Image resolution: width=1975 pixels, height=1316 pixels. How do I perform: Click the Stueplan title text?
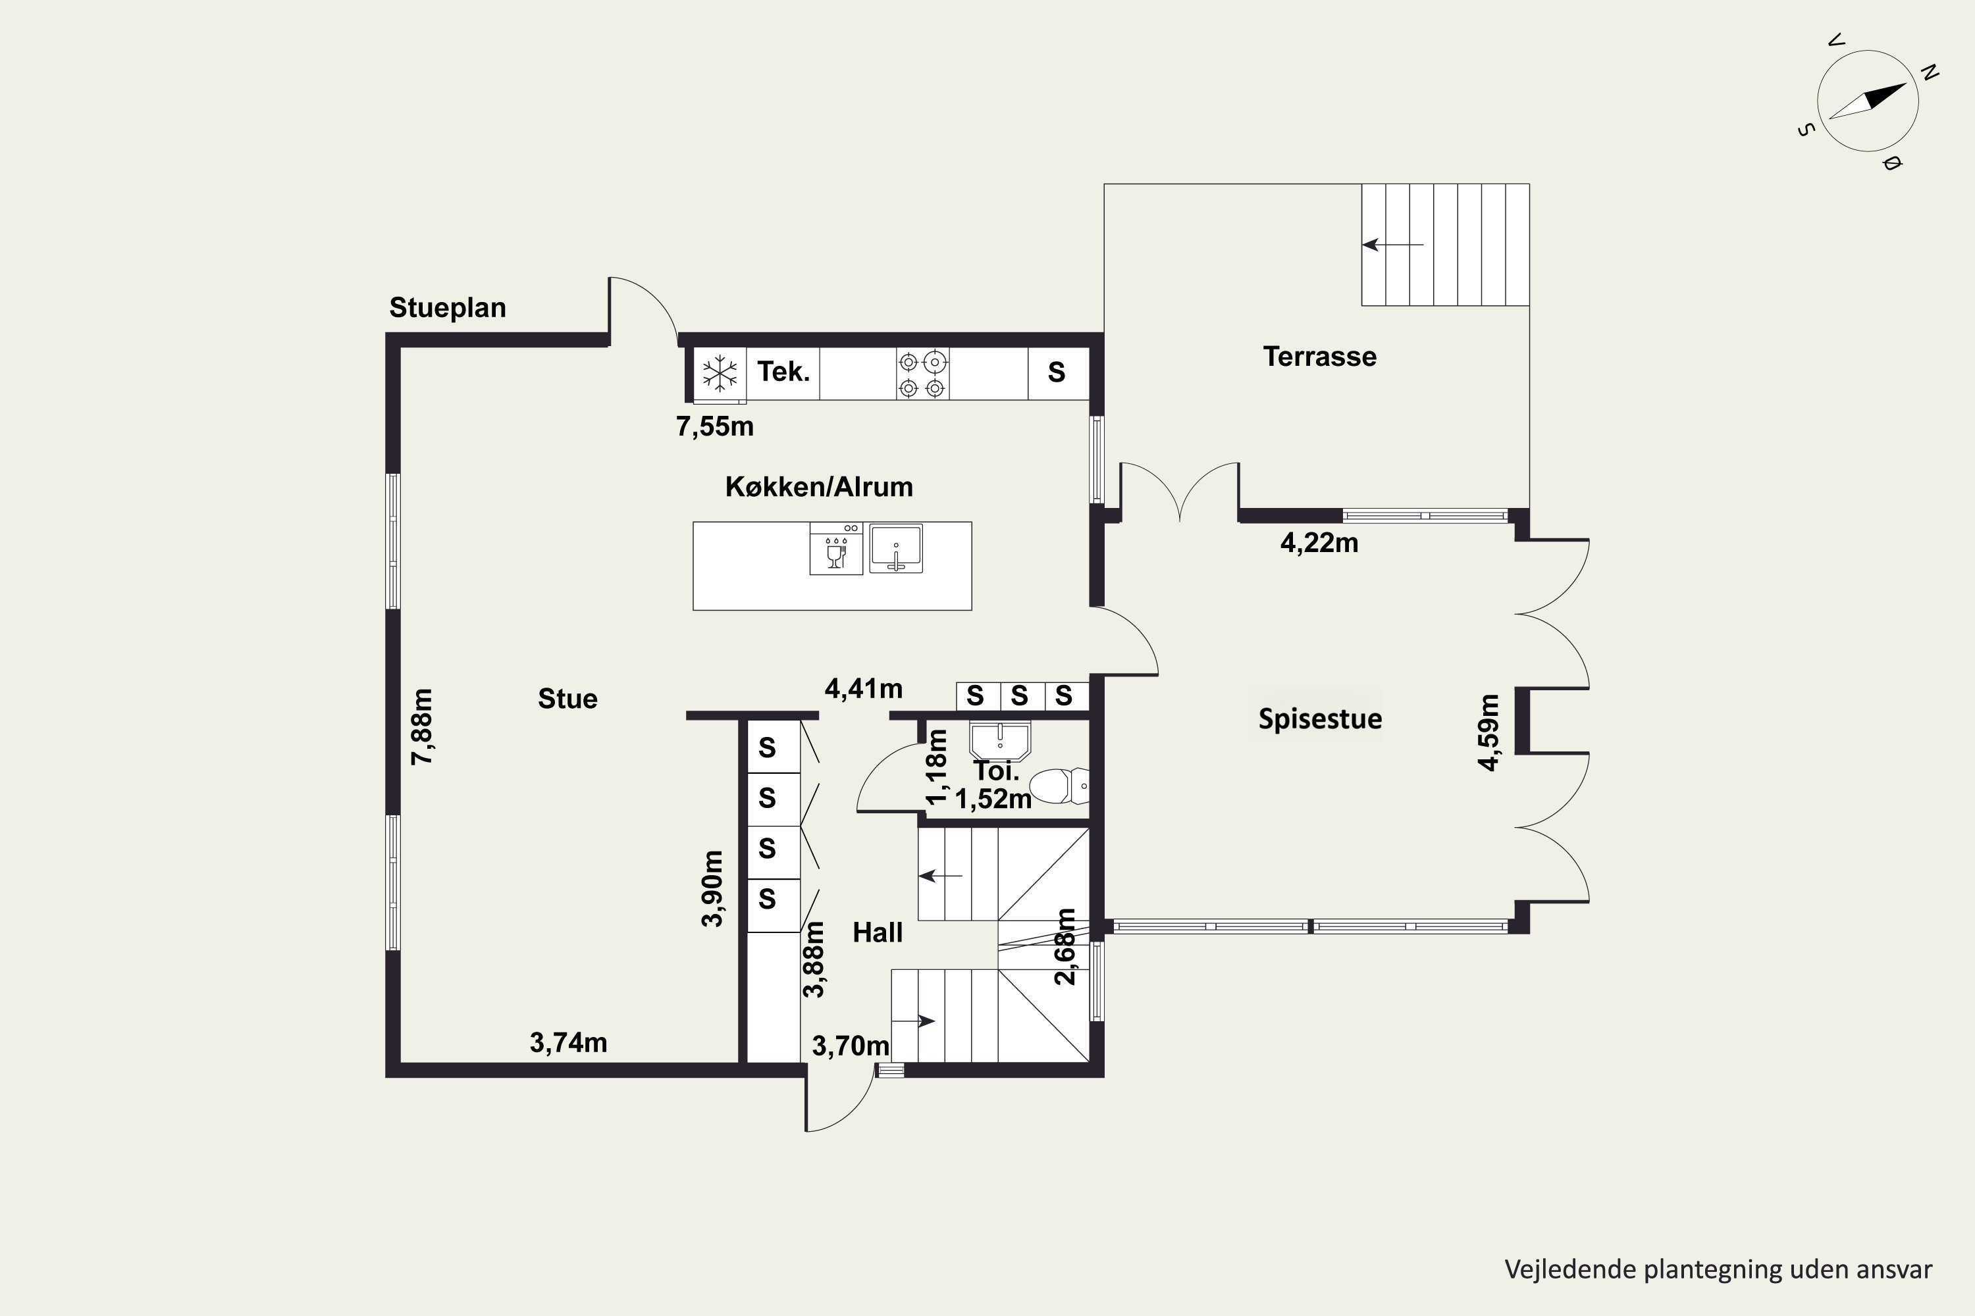pyautogui.click(x=448, y=308)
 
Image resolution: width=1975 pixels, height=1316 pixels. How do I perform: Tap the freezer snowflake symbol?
pyautogui.click(x=720, y=372)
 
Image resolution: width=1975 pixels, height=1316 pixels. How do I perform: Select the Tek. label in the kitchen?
pyautogui.click(x=783, y=371)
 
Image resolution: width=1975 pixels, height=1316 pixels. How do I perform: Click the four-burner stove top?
pyautogui.click(x=923, y=374)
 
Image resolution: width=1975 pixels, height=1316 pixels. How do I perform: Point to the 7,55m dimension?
pyautogui.click(x=714, y=426)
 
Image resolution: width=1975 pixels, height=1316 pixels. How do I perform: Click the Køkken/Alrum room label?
pyautogui.click(x=819, y=487)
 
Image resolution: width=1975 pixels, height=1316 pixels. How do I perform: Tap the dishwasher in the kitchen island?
pyautogui.click(x=836, y=548)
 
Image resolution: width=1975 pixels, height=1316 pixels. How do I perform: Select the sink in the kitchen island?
pyautogui.click(x=896, y=549)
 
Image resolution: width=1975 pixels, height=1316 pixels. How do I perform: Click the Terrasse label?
pyautogui.click(x=1320, y=357)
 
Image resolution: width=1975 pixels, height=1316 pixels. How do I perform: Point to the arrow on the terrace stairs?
pyautogui.click(x=1393, y=245)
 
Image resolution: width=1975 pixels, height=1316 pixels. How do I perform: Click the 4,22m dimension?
pyautogui.click(x=1319, y=543)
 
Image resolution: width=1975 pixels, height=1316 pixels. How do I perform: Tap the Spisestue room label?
pyautogui.click(x=1320, y=719)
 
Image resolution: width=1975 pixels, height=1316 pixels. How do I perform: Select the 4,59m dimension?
pyautogui.click(x=1488, y=732)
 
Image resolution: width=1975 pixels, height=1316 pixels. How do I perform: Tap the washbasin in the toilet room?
pyautogui.click(x=999, y=741)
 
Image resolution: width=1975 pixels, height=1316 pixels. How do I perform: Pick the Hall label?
pyautogui.click(x=878, y=932)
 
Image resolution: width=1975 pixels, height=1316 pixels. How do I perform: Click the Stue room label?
pyautogui.click(x=567, y=699)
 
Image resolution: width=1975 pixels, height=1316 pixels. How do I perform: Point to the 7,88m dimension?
pyautogui.click(x=421, y=727)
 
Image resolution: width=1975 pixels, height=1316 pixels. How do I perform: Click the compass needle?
pyautogui.click(x=1868, y=101)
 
